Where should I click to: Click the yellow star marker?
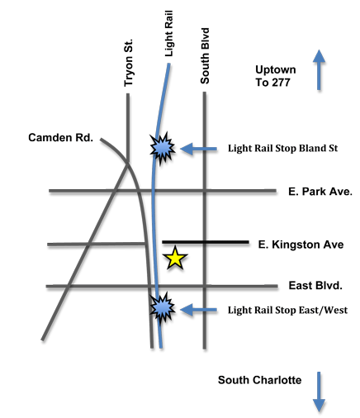(x=175, y=259)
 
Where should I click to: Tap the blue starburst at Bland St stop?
(x=162, y=148)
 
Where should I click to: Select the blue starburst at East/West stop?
(x=162, y=307)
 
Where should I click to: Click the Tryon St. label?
(x=128, y=63)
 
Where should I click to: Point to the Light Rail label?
(x=169, y=34)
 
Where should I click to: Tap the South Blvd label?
(x=205, y=56)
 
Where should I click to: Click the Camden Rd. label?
(x=60, y=137)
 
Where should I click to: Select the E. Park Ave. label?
(x=320, y=192)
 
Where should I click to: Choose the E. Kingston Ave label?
(x=301, y=245)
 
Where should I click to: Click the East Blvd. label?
(x=315, y=286)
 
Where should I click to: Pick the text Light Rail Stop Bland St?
(x=282, y=148)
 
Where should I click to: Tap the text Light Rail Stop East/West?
(x=287, y=310)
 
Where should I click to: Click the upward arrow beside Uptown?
(x=319, y=70)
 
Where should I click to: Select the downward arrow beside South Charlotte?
(x=319, y=392)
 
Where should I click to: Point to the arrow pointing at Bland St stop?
(x=198, y=149)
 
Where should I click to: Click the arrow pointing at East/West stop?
(x=198, y=310)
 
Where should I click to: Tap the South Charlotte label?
(x=259, y=380)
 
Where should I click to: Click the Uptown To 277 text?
(x=276, y=76)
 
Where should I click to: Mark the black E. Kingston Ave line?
(x=206, y=242)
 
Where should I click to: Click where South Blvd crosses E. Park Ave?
(x=205, y=191)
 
